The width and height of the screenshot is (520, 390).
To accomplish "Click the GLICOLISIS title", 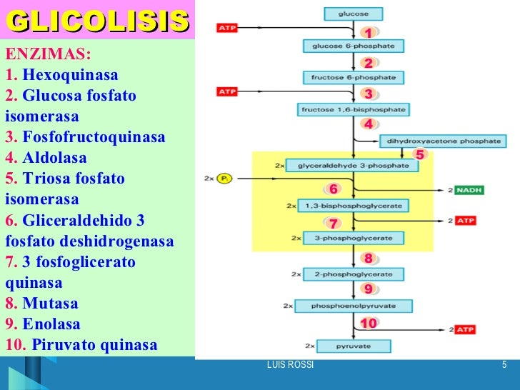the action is [x=98, y=21].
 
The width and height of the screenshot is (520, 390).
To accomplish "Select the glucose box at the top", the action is [x=353, y=13].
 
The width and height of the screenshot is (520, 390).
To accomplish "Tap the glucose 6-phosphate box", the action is [x=353, y=46].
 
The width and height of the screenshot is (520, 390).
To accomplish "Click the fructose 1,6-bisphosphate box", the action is [x=353, y=110].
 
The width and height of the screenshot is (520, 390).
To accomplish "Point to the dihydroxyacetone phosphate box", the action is [x=444, y=141].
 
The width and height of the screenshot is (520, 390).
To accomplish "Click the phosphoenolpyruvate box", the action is [x=353, y=306].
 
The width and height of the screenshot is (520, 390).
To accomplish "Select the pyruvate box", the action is [x=354, y=346].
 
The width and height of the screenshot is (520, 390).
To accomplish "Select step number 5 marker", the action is [x=419, y=154].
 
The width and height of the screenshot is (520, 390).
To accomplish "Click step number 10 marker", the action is [x=369, y=324].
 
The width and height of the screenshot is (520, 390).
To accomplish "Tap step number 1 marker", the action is [x=369, y=34].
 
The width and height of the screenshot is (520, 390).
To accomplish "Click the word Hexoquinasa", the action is [x=71, y=76].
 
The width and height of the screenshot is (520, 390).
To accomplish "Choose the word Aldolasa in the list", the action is [x=54, y=159].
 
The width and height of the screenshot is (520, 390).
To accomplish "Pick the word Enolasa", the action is [x=51, y=324].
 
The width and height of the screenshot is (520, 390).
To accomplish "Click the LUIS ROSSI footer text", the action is [x=289, y=366].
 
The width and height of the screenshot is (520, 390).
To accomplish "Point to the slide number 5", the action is [x=504, y=366].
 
